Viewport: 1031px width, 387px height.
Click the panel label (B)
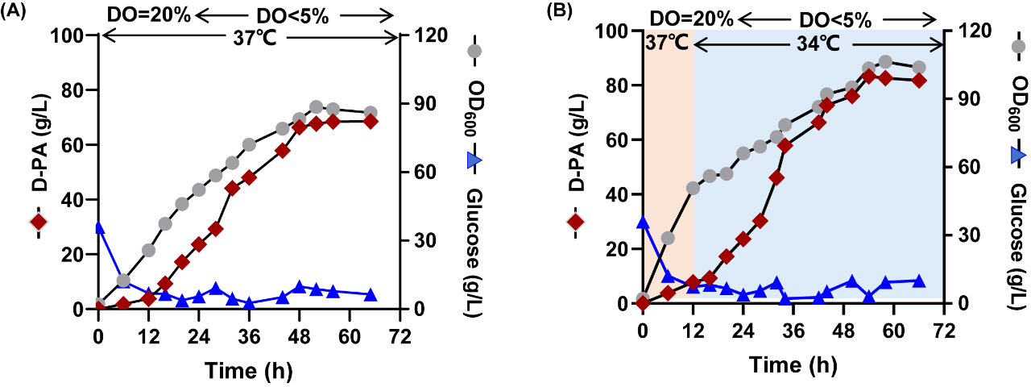click(x=561, y=14)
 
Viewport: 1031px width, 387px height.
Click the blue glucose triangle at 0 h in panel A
click(x=98, y=227)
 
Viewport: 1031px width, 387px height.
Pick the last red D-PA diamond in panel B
click(x=919, y=81)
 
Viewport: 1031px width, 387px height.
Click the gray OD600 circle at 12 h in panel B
click(x=693, y=188)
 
